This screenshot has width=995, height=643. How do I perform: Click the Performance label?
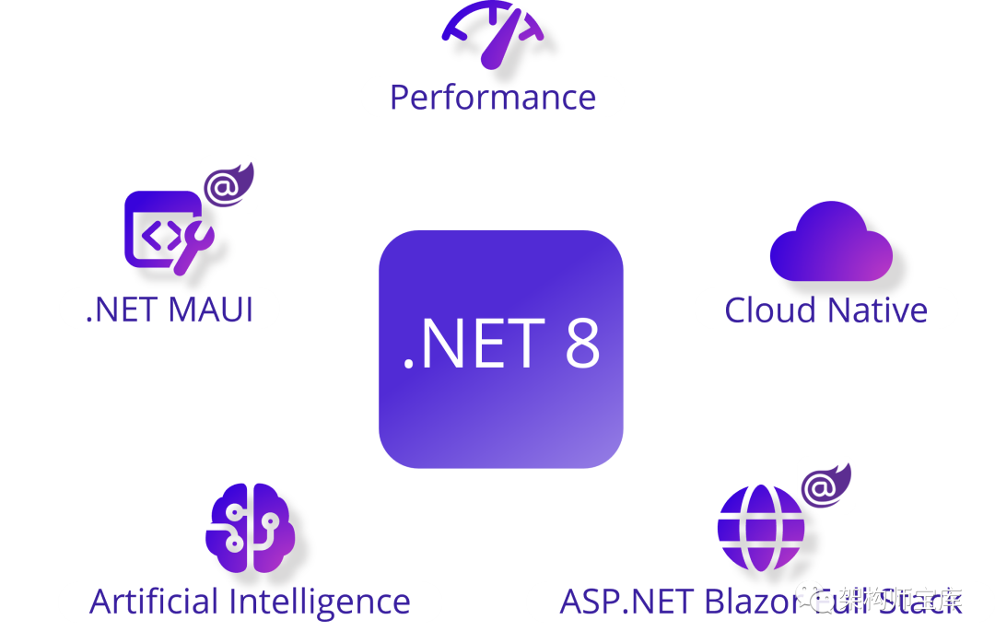493,97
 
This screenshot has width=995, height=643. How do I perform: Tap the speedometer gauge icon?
497,37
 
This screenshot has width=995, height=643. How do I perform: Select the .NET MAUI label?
169,309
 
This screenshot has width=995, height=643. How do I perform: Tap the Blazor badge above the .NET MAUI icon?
228,184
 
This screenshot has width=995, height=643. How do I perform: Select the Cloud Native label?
825,310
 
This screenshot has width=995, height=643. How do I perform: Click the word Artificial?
153,602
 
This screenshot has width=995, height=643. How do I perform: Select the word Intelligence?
319,602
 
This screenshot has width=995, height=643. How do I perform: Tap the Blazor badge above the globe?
825,485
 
